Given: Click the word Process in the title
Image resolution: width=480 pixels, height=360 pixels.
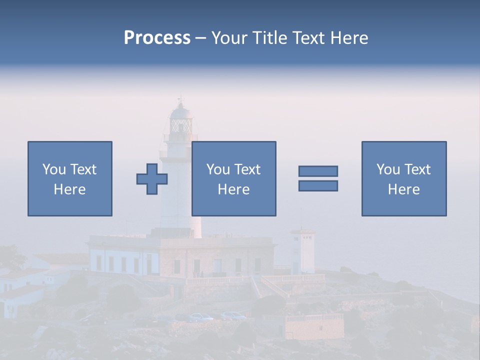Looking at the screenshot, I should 157,38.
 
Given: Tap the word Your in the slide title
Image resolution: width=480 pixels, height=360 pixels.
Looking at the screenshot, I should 230,38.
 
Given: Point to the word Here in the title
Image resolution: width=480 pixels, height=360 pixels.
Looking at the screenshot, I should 346,38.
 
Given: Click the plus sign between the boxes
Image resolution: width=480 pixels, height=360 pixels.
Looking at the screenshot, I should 152,178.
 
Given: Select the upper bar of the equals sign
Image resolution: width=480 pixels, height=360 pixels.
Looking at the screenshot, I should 318,171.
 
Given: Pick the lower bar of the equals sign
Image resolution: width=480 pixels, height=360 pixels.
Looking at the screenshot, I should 318,185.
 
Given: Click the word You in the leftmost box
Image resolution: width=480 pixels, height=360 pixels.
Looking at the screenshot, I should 53,169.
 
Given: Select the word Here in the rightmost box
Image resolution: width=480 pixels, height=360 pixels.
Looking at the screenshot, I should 404,189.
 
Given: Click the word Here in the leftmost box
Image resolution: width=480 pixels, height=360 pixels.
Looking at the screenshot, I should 70,189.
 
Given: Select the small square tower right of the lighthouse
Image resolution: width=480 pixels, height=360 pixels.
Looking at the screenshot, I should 303,250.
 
